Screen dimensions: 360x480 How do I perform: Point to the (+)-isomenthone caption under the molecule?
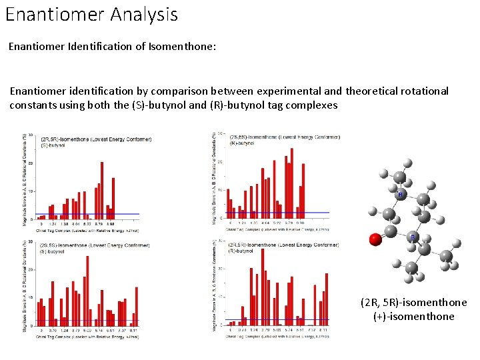click(x=413, y=316)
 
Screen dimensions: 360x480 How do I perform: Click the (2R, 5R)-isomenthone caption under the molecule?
click(x=413, y=303)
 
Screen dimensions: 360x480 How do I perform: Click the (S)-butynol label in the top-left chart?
click(x=53, y=145)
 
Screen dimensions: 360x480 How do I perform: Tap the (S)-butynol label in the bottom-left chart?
click(x=53, y=251)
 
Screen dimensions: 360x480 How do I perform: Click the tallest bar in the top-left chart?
click(x=102, y=190)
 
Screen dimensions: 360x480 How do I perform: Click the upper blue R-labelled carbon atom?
click(x=400, y=194)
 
